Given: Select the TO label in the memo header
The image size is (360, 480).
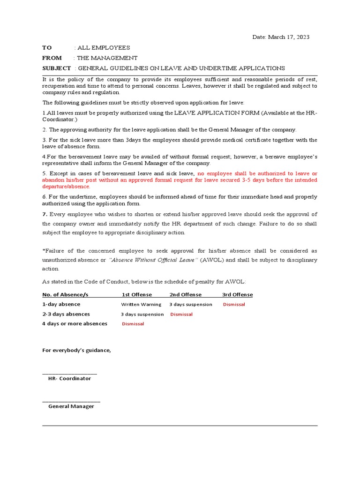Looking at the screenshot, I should [x=47, y=48].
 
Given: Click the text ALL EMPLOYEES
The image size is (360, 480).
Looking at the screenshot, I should [x=104, y=48].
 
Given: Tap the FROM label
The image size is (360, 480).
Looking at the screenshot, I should [x=52, y=58].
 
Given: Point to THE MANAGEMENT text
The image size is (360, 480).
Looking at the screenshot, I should [x=107, y=58].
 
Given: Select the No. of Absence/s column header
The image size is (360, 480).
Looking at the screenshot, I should [x=65, y=295].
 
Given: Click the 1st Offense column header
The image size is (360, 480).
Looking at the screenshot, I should [x=137, y=295].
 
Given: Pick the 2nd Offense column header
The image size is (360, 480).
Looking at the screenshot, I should [x=186, y=295].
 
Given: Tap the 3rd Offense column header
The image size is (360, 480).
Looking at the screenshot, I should [x=237, y=295].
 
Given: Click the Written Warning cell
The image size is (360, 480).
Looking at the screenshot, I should [x=141, y=305].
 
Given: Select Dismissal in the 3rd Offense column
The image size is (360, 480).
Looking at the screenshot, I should [x=234, y=305].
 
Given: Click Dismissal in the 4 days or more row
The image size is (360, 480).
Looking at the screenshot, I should [x=133, y=324].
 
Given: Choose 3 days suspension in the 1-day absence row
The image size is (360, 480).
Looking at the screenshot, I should [x=191, y=305].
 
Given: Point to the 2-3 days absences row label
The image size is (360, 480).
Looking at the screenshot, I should [x=66, y=314].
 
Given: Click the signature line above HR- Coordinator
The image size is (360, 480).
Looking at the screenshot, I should [x=69, y=374].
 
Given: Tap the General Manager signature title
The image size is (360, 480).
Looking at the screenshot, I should [x=71, y=406].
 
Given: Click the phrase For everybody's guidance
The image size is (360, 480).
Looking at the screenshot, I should [x=77, y=350].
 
